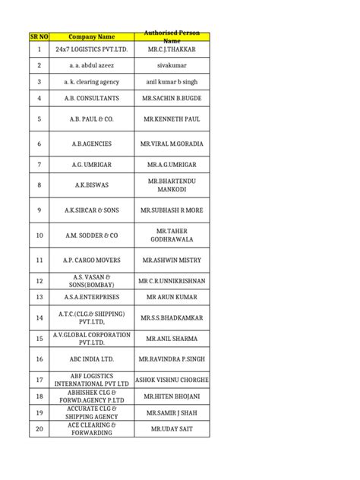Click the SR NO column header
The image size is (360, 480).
click(39, 36)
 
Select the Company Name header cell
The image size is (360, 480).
click(92, 36)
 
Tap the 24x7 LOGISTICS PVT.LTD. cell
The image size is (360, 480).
click(92, 49)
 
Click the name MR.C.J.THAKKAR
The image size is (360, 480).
click(172, 49)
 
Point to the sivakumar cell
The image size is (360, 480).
click(172, 66)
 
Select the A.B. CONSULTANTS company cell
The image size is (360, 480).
click(92, 99)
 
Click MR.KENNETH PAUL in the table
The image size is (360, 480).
click(172, 119)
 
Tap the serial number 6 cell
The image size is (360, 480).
click(39, 143)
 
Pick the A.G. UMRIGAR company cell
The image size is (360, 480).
click(92, 164)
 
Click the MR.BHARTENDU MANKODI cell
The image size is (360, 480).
click(172, 185)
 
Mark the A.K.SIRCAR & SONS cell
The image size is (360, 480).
click(92, 210)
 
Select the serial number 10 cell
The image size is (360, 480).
click(39, 235)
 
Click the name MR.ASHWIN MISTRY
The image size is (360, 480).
click(172, 261)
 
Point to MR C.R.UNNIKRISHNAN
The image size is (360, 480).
click(172, 281)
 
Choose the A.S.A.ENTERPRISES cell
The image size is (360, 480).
click(92, 297)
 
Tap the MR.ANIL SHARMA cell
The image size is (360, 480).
click(172, 338)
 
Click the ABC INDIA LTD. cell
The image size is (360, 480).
click(92, 358)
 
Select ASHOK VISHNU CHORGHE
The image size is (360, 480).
click(172, 379)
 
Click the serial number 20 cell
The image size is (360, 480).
click(39, 429)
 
